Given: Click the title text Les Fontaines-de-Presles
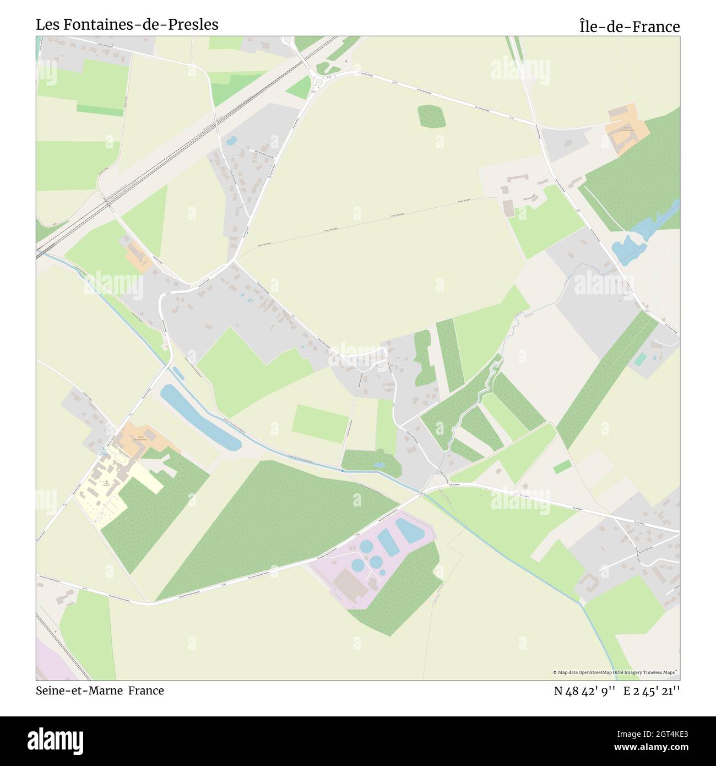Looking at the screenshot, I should point(127,25).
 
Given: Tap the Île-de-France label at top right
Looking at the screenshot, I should point(629,26).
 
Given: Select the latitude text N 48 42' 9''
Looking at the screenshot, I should point(584,691).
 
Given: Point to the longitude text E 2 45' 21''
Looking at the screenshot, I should point(652,691).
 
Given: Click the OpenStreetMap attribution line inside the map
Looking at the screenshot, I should point(615,672).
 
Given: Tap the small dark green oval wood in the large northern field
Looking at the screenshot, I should point(431,116).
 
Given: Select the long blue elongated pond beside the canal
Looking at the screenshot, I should point(199,417).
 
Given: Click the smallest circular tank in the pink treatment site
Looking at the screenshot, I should point(382,571).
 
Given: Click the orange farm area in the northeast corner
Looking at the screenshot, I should point(626,131).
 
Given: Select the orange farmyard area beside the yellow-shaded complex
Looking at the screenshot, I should point(146,438).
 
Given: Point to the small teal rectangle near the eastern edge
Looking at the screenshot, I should point(640,359).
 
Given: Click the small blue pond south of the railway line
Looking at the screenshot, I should point(231,140).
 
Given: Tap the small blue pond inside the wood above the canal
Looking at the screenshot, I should point(378,465).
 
